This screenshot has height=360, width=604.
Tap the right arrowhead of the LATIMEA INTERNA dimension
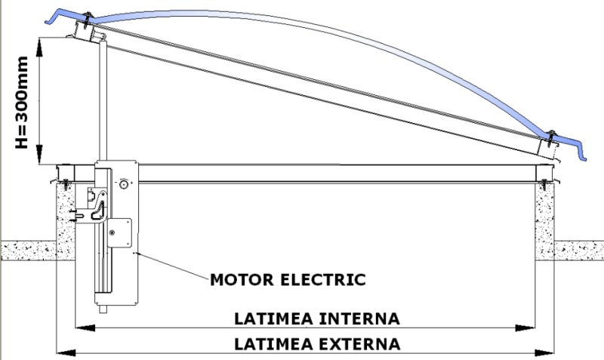coord(528,328)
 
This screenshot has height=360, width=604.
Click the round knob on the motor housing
coord(124,183)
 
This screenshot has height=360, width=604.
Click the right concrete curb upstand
coord(546,215)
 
